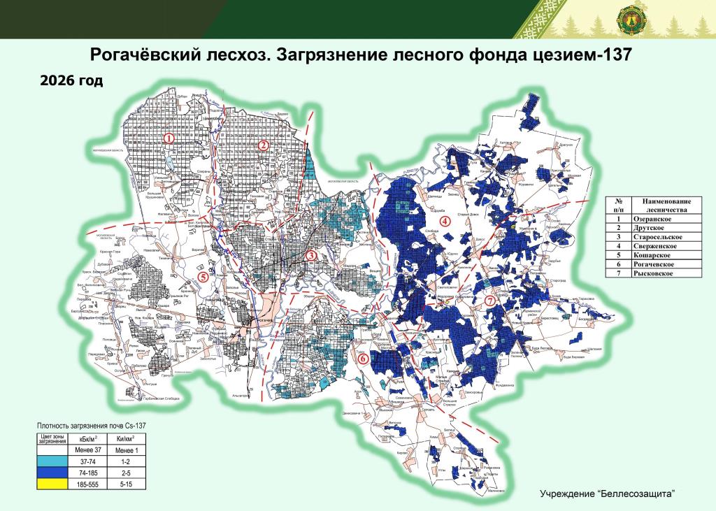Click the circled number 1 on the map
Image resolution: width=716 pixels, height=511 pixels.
pos(169,138)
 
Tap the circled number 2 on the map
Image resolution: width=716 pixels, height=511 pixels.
pos(264,145)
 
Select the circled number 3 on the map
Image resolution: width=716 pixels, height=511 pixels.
pos(311,256)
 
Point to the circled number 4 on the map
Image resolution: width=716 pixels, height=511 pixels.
pos(443,222)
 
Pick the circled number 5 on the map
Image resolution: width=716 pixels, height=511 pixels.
pos(203,276)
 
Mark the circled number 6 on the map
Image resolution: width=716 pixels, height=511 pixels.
pos(363,359)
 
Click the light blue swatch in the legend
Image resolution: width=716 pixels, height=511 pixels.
pos(51,462)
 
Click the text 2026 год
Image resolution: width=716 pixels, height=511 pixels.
pos(71,81)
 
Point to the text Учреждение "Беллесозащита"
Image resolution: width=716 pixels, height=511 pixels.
pos(607,494)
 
